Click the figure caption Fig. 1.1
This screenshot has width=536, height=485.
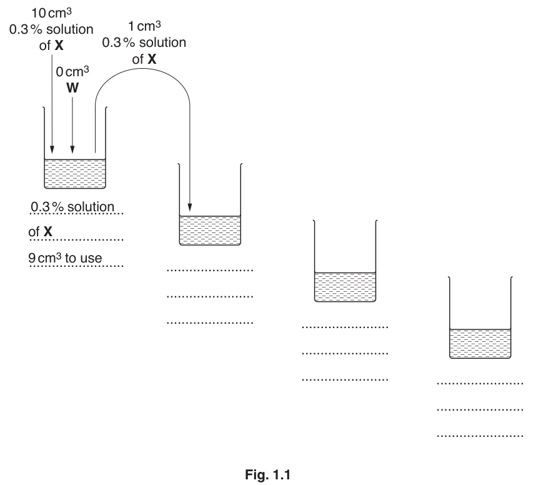tap(267, 475)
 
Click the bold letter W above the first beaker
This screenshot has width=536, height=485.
tap(72, 88)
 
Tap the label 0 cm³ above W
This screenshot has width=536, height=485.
tap(72, 71)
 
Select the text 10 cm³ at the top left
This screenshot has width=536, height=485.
tap(52, 13)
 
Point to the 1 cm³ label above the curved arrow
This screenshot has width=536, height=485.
tap(144, 26)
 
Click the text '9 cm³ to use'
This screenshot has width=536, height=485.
tap(65, 258)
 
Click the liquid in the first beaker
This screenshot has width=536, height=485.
tap(75, 174)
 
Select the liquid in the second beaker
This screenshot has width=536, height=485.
tap(210, 231)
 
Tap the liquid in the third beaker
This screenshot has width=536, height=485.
tap(345, 287)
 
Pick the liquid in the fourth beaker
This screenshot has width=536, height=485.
tap(480, 344)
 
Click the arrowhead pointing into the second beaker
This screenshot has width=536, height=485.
tap(190, 207)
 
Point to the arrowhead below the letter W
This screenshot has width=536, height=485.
tap(72, 149)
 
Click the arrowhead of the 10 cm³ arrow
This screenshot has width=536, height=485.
tap(52, 149)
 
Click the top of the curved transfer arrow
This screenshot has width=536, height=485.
tap(144, 68)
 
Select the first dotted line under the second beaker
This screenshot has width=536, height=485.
tap(210, 270)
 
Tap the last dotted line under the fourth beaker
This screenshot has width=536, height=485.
tap(480, 436)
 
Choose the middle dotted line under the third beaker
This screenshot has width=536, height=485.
tap(345, 353)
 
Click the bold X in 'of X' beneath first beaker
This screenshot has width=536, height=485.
tap(48, 232)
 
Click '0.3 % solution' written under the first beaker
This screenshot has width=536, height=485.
tap(72, 207)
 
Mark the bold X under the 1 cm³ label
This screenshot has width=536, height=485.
tap(152, 59)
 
